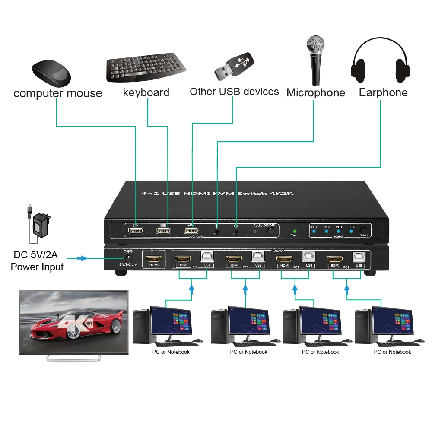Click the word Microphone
[316, 93]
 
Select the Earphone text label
[383, 92]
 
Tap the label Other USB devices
[234, 92]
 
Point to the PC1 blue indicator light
[314, 232]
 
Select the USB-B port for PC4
[207, 258]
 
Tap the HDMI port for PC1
[335, 260]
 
